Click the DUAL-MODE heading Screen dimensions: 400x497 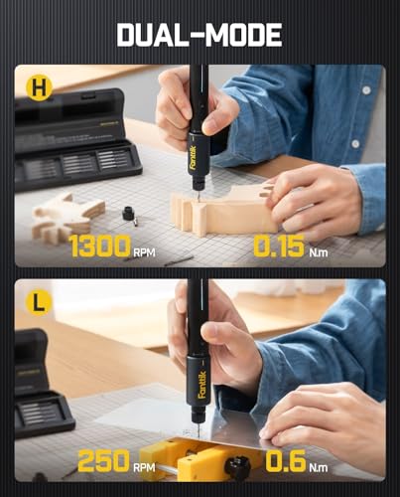pyautogui.click(x=200, y=35)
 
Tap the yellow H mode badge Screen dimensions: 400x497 pyautogui.click(x=39, y=87)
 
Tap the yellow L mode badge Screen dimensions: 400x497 pyautogui.click(x=39, y=302)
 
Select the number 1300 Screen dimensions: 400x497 pyautogui.click(x=99, y=246)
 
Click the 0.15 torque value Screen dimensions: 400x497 pyautogui.click(x=279, y=246)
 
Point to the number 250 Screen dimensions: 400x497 pyautogui.click(x=103, y=460)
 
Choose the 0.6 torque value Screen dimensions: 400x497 pyautogui.click(x=286, y=460)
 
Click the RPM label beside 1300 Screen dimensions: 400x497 pyautogui.click(x=144, y=252)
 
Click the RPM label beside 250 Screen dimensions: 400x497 pyautogui.click(x=144, y=467)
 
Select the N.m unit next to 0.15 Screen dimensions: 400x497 pyautogui.click(x=319, y=252)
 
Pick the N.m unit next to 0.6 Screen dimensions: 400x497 pyautogui.click(x=319, y=467)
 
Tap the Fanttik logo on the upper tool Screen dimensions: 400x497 pyautogui.click(x=194, y=158)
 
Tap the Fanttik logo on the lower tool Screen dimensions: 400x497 pyautogui.click(x=201, y=385)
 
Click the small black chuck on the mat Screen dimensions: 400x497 pyautogui.click(x=129, y=214)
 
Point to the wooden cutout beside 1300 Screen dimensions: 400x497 pyautogui.click(x=67, y=216)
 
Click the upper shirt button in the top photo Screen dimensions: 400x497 pyautogui.click(x=366, y=89)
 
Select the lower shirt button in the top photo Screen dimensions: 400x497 pyautogui.click(x=355, y=143)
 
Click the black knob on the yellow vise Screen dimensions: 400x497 pyautogui.click(x=238, y=467)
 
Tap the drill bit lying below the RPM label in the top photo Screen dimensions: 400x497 pyautogui.click(x=179, y=260)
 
